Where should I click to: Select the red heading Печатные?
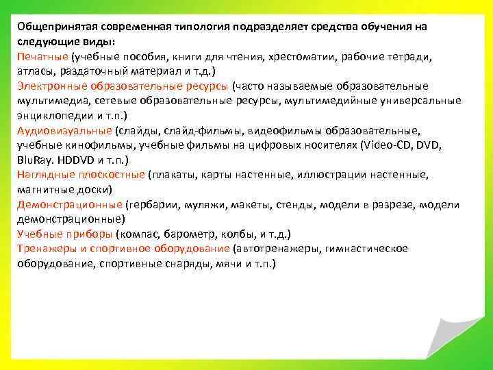42,56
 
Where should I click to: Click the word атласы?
36,71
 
